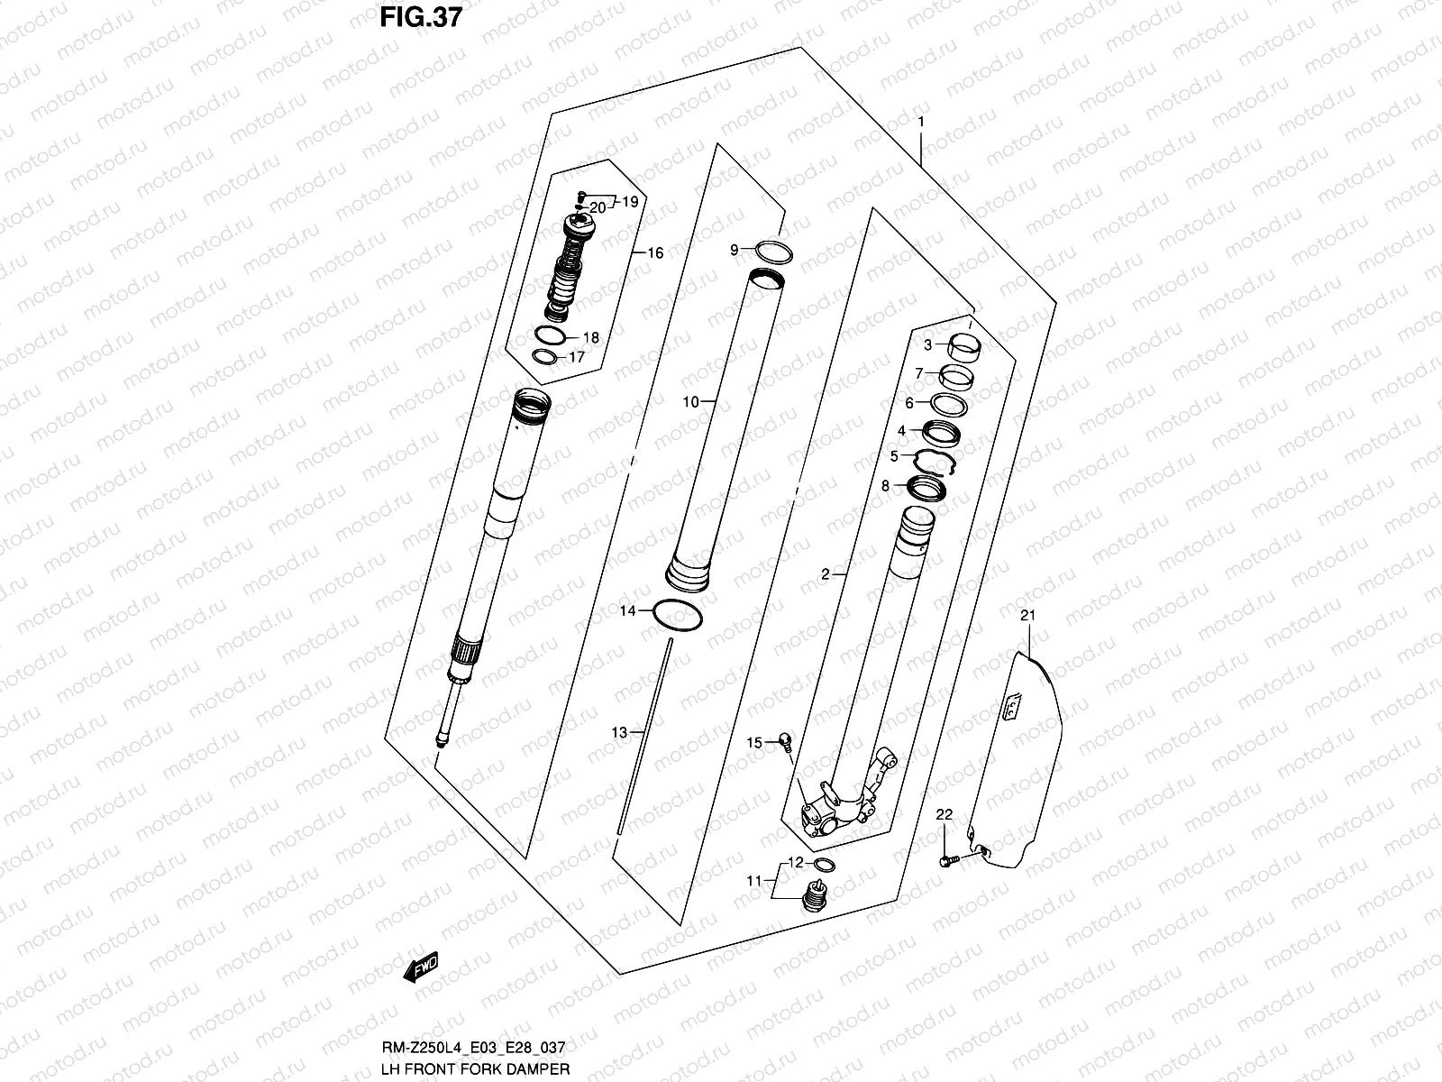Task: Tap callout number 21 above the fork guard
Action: pyautogui.click(x=1028, y=616)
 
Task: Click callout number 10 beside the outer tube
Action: pyautogui.click(x=690, y=402)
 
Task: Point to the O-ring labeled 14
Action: pyautogui.click(x=678, y=616)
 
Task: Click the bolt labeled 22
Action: pyautogui.click(x=946, y=862)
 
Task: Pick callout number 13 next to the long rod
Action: pyautogui.click(x=619, y=733)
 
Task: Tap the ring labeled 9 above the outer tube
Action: pyautogui.click(x=773, y=252)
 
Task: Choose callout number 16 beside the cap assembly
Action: pyautogui.click(x=655, y=253)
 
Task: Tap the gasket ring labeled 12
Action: pyautogui.click(x=823, y=866)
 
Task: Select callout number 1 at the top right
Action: pyautogui.click(x=920, y=121)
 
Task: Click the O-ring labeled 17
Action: pyautogui.click(x=543, y=358)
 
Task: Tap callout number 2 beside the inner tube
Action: pyautogui.click(x=825, y=573)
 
